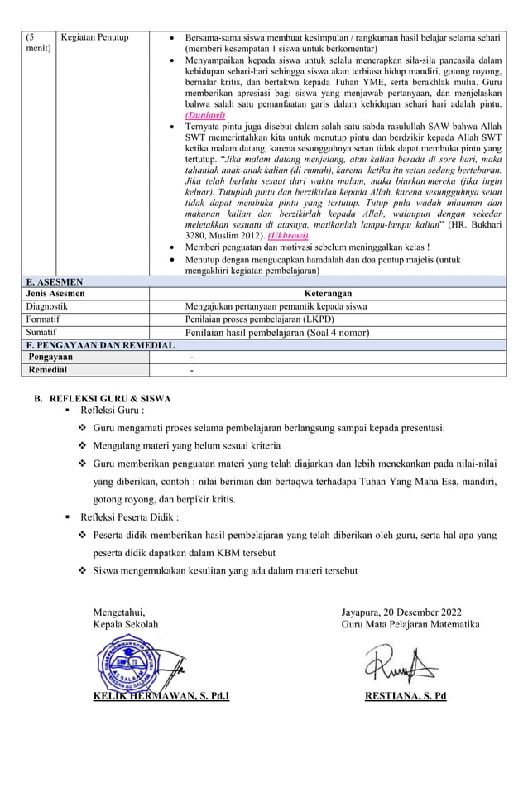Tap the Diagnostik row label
click(46, 305)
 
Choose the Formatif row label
click(43, 319)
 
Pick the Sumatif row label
click(41, 332)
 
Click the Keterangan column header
click(328, 293)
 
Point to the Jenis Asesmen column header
click(55, 293)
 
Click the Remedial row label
click(48, 370)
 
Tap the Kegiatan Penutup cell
click(94, 37)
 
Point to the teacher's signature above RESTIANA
click(401, 662)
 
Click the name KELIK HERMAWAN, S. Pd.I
click(161, 695)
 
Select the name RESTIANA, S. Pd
click(406, 695)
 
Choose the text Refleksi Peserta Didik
click(129, 517)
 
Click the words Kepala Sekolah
click(125, 624)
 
